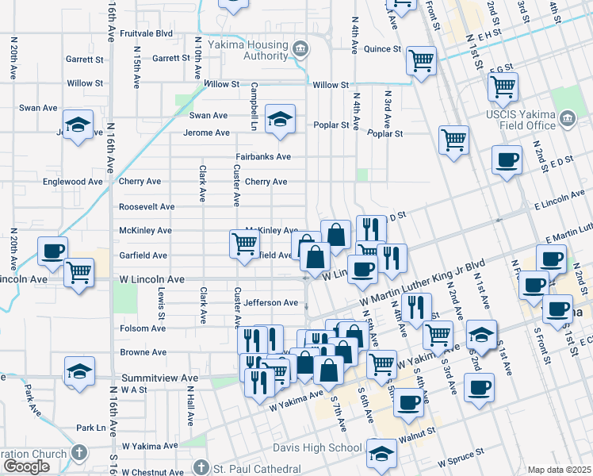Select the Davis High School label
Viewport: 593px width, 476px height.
pyautogui.click(x=322, y=448)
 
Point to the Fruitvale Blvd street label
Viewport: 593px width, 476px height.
pyautogui.click(x=146, y=34)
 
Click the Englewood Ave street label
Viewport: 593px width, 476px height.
pyautogui.click(x=73, y=181)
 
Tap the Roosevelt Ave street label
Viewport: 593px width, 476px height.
pyautogui.click(x=147, y=206)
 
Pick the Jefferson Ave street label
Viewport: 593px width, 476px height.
pyautogui.click(x=270, y=302)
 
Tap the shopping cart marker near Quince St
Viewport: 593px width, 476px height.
pyautogui.click(x=421, y=59)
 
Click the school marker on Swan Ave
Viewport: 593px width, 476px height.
pyautogui.click(x=279, y=119)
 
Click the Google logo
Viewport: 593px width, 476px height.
pyautogui.click(x=26, y=467)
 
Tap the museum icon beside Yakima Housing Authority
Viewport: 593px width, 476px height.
pyautogui.click(x=300, y=50)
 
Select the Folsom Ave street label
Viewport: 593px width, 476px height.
pyautogui.click(x=143, y=328)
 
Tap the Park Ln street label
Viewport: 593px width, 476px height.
pyautogui.click(x=90, y=428)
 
